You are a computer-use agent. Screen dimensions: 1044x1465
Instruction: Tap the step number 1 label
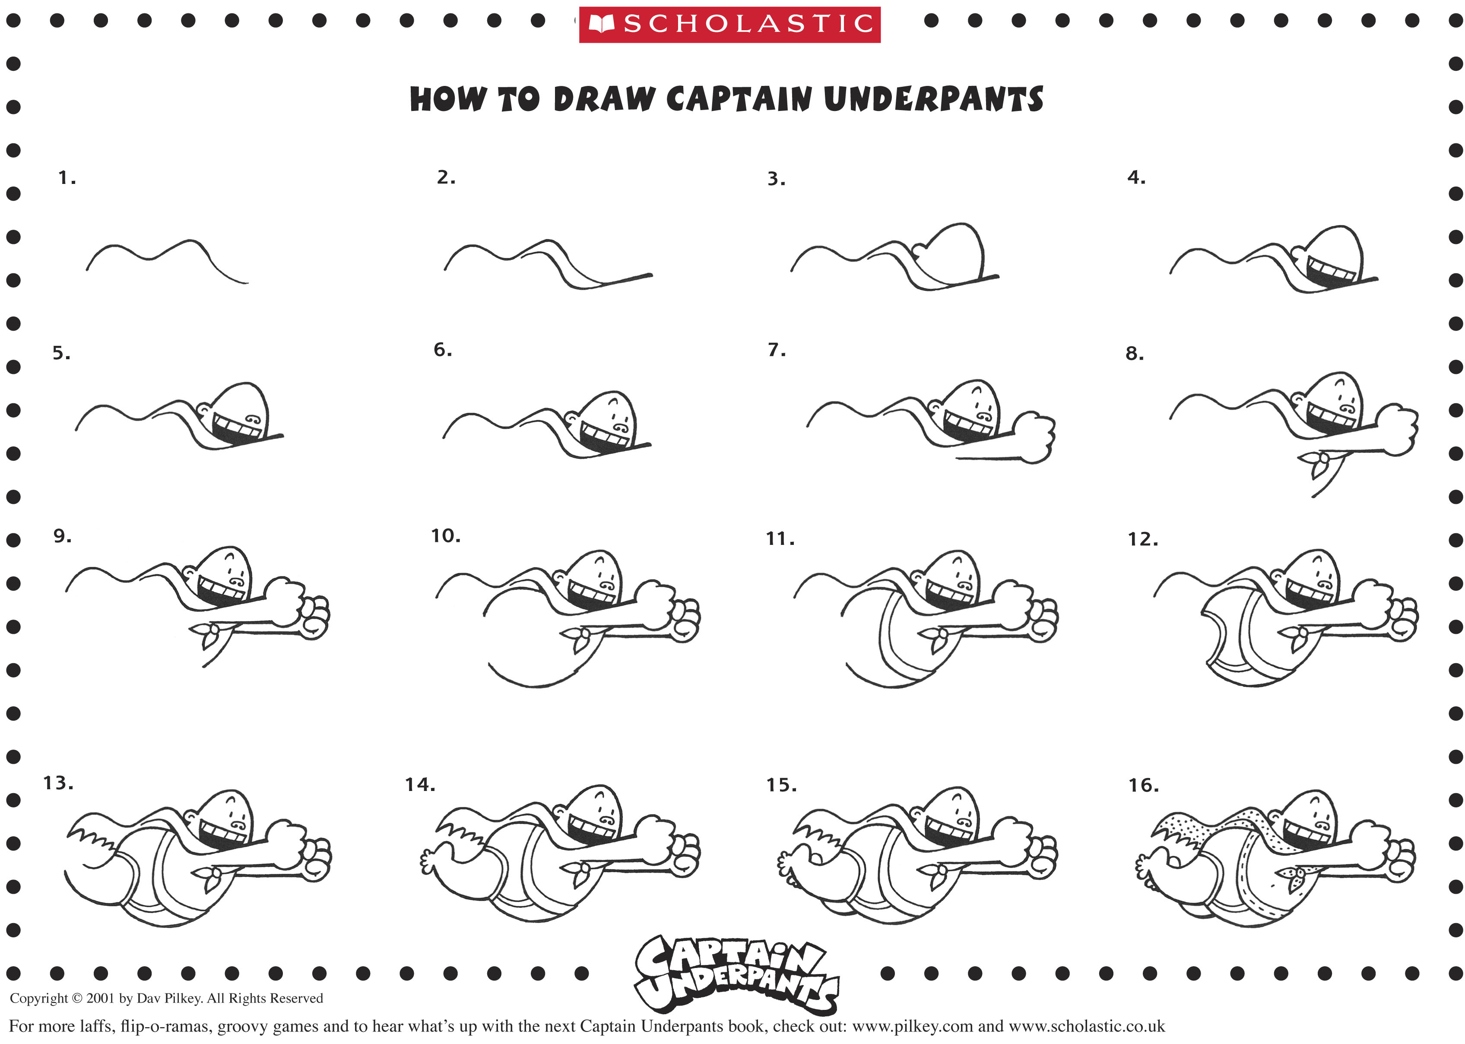(66, 177)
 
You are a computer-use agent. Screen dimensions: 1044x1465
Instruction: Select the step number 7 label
(776, 350)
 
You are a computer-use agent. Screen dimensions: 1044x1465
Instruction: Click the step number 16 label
(1142, 785)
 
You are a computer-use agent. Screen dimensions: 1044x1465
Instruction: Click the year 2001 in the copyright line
(100, 998)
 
